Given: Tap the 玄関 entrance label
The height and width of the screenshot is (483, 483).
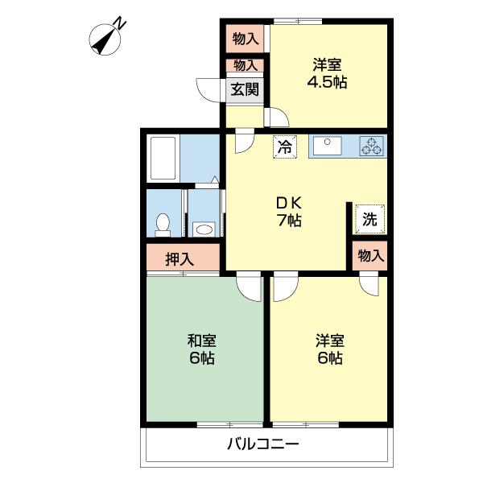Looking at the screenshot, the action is click(245, 89).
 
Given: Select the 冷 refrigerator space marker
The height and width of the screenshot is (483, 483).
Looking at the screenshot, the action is click(285, 147).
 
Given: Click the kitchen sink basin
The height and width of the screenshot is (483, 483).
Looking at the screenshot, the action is click(327, 146).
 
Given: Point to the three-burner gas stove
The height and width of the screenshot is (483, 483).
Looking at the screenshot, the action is click(372, 146).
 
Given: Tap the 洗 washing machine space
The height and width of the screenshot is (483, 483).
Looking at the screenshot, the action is click(369, 219).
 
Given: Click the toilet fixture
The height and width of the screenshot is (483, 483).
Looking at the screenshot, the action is click(163, 225).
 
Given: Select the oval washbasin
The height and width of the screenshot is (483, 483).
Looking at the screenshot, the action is click(204, 229).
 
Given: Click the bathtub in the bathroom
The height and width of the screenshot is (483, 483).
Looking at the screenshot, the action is click(163, 159).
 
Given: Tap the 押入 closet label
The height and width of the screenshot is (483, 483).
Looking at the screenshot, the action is click(180, 259).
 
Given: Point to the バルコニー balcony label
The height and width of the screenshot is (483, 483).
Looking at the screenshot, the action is click(263, 444).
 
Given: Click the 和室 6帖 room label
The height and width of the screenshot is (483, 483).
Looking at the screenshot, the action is click(202, 349).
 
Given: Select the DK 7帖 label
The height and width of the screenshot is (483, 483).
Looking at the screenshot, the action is click(289, 212).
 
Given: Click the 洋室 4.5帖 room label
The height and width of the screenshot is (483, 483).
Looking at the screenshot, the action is click(327, 73).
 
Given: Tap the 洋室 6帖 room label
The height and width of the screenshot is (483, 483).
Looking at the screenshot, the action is click(330, 349).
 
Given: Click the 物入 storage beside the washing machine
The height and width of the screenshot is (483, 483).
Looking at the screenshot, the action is click(369, 256).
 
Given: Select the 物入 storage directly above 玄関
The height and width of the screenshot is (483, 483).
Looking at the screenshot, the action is click(245, 65).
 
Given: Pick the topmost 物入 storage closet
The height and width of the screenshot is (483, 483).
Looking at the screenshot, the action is click(245, 39).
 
